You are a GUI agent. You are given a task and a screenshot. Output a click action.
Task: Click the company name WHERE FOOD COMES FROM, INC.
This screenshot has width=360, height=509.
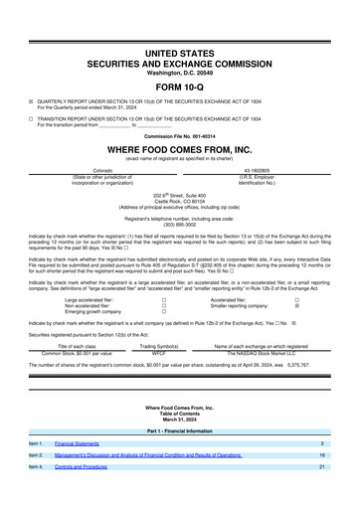coord(180,147)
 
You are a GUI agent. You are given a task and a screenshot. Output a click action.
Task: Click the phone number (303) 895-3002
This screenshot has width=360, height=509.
coord(180,224)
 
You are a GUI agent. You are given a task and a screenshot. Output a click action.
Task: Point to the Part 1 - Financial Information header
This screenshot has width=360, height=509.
coord(180,430)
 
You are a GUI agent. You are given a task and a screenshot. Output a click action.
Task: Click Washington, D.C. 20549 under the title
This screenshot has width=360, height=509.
coord(180,73)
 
